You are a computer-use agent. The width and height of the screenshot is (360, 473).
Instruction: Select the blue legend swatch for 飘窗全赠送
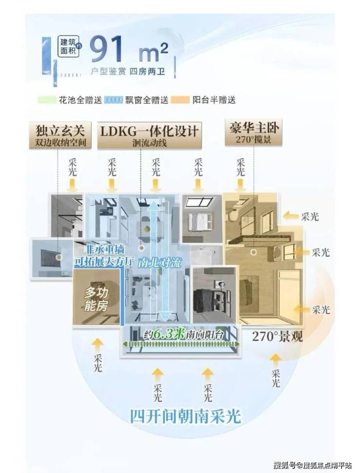pos(119,100)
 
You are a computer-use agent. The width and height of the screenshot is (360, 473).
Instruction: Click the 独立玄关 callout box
pos(60,134)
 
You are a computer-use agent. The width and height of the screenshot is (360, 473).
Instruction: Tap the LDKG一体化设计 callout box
pos(150,134)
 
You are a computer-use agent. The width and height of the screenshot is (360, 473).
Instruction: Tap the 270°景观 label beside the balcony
pos(277,336)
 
